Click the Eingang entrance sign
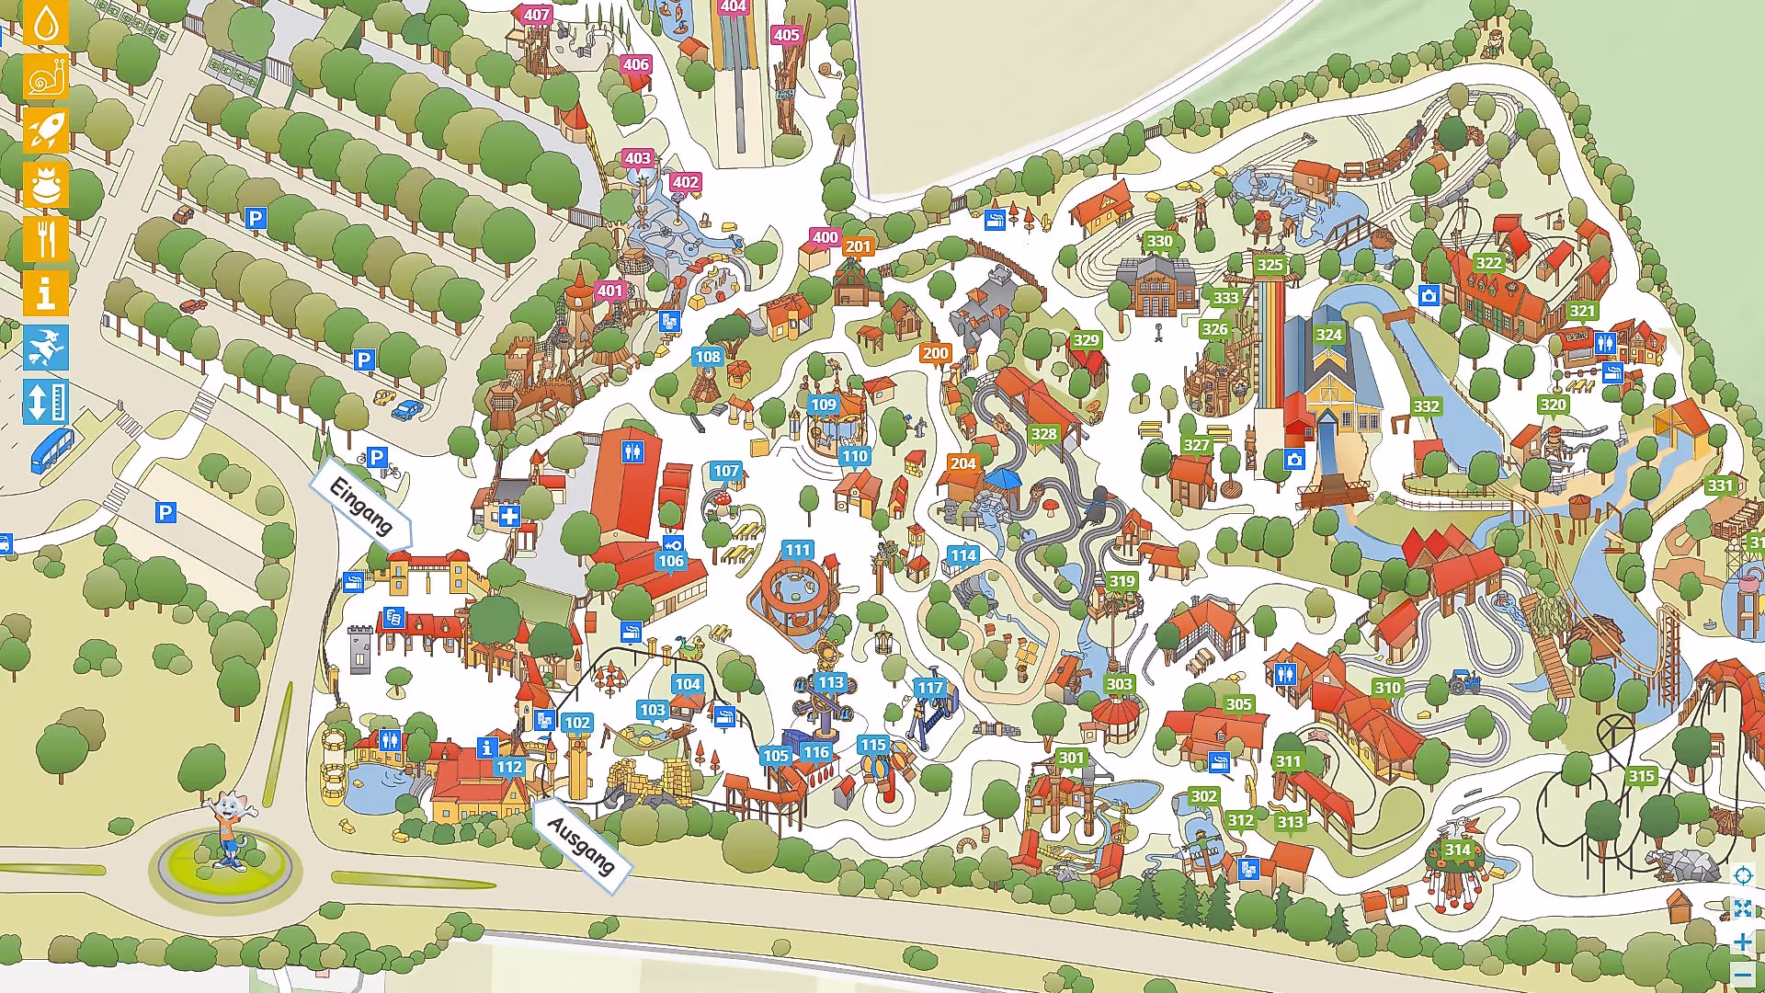click(x=361, y=508)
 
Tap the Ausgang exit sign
click(x=581, y=845)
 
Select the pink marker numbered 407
click(x=536, y=15)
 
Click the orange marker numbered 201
click(x=858, y=246)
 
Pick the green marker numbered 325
click(x=1270, y=265)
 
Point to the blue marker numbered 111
click(x=797, y=550)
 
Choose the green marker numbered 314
click(x=1457, y=850)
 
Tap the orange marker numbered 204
click(x=962, y=463)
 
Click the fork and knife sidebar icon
click(x=45, y=239)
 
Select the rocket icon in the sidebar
click(x=45, y=131)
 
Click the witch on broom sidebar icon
click(x=45, y=348)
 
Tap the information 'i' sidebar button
click(x=45, y=293)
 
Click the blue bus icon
click(x=51, y=451)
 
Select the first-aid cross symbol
click(x=509, y=517)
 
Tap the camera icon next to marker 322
click(x=1428, y=296)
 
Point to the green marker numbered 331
click(x=1720, y=485)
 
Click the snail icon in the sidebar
click(x=45, y=77)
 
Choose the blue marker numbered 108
click(x=707, y=357)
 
